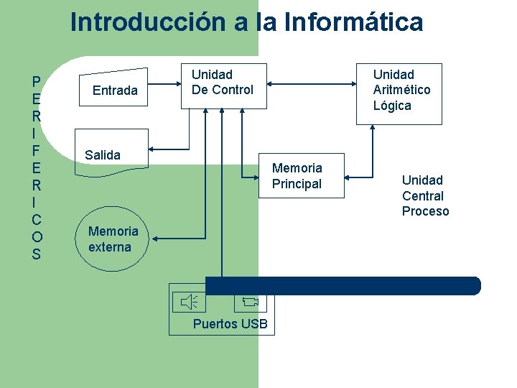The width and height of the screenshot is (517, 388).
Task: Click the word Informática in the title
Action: [x=353, y=22]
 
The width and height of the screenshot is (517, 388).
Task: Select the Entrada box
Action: [x=115, y=90]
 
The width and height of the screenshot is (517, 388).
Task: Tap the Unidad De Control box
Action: [x=223, y=86]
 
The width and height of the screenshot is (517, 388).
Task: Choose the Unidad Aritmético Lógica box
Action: [x=401, y=91]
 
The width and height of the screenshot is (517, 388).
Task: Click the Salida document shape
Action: [x=112, y=154]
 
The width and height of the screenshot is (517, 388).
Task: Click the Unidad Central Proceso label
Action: [x=424, y=195]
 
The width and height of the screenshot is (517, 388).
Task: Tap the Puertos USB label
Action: [x=230, y=324]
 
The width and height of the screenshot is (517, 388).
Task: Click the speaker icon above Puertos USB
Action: [x=189, y=302]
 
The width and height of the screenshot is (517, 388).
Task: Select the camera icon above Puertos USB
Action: [x=249, y=302]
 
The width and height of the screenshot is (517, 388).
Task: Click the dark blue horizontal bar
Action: [x=343, y=286]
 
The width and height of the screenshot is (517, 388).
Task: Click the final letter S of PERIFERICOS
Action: [x=37, y=254]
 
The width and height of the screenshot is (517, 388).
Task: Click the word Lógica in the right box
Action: [x=392, y=106]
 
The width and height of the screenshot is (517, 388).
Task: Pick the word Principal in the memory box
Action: [x=297, y=184]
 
